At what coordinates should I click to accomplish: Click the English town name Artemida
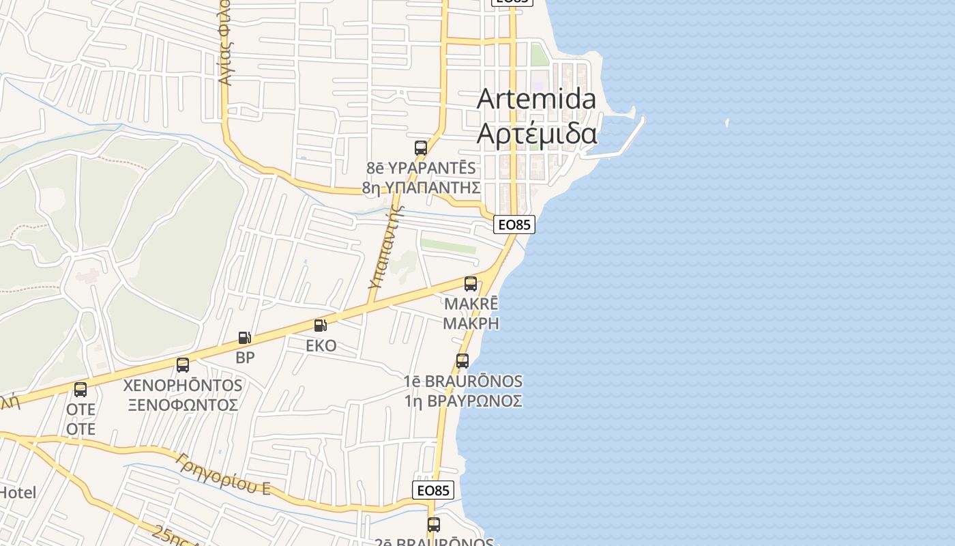(x=536, y=99)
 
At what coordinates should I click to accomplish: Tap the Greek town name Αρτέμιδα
(x=536, y=134)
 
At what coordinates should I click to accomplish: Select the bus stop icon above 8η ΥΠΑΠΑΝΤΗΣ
(x=421, y=147)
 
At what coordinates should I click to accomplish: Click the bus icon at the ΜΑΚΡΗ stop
(x=471, y=284)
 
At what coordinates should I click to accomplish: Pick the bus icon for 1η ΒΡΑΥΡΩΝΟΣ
(x=462, y=361)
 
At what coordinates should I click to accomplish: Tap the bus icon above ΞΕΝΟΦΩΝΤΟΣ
(x=183, y=365)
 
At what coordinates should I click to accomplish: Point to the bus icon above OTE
(x=80, y=390)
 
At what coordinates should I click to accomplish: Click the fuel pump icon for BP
(x=244, y=338)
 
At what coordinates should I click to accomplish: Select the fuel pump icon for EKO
(x=321, y=326)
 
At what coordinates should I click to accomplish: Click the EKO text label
(x=321, y=346)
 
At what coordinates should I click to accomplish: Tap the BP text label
(x=245, y=358)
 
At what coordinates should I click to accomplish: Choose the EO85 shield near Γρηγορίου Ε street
(x=433, y=490)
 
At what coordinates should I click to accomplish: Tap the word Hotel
(x=18, y=492)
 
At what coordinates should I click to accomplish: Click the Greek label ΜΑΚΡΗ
(x=471, y=324)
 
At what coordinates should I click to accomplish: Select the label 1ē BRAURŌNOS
(x=463, y=382)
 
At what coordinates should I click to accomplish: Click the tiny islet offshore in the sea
(x=727, y=124)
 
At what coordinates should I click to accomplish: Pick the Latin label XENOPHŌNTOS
(x=183, y=386)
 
